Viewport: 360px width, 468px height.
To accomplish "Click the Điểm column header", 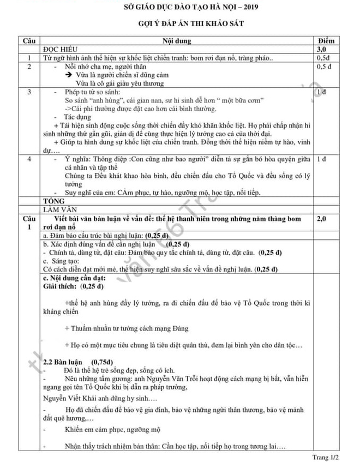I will pyautogui.click(x=329, y=41).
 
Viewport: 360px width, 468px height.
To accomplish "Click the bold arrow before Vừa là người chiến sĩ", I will pyautogui.click(x=70, y=75).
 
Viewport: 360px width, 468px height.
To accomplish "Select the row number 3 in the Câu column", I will pyautogui.click(x=28, y=93).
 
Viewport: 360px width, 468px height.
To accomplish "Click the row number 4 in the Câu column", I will pyautogui.click(x=28, y=159).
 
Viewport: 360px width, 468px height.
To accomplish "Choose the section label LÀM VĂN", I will pyautogui.click(x=58, y=209).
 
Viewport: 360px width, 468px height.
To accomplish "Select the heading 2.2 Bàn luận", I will pyautogui.click(x=65, y=361).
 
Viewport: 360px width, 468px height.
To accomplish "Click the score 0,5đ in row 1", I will pyautogui.click(x=323, y=57).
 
